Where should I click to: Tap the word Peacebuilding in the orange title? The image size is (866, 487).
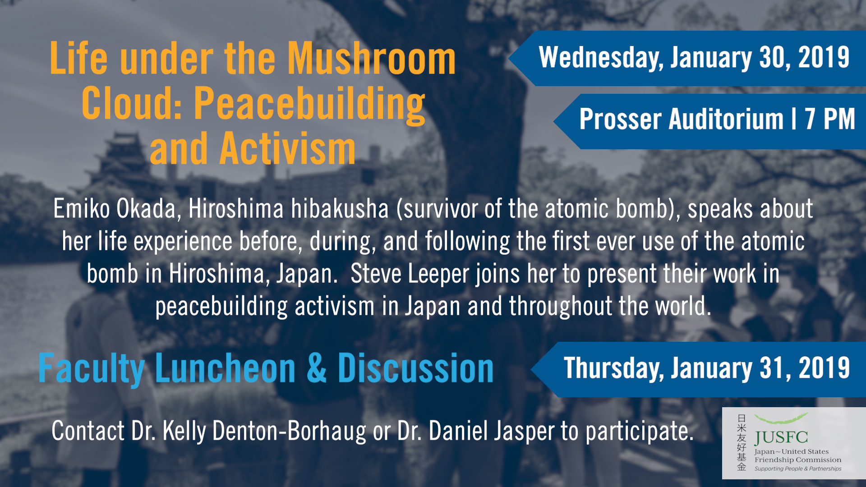[x=309, y=105]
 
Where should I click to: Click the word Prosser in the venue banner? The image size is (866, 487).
[x=621, y=119]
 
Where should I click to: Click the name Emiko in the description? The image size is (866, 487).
[x=82, y=209]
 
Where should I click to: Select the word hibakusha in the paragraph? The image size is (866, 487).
[x=340, y=209]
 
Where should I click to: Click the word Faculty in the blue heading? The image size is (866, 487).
[x=92, y=369]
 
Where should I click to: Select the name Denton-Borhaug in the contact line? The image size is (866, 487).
[x=289, y=432]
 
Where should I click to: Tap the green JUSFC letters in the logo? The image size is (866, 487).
[x=781, y=437]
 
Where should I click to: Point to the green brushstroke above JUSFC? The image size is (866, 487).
[x=781, y=418]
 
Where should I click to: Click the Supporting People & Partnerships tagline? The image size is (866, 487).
[x=798, y=469]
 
